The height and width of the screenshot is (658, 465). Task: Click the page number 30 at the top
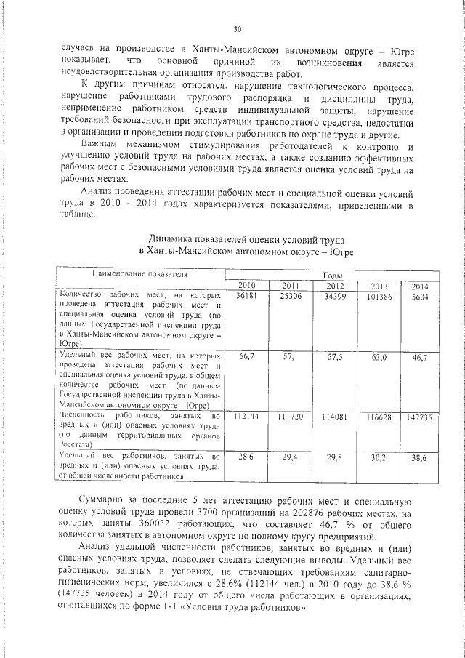click(238, 29)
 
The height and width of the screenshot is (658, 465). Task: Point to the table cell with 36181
click(246, 297)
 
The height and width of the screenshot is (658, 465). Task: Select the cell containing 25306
click(291, 297)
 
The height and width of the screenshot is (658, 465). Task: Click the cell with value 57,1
click(291, 358)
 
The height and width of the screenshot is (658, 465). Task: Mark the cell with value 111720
click(291, 417)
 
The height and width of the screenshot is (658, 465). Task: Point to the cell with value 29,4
click(291, 458)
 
